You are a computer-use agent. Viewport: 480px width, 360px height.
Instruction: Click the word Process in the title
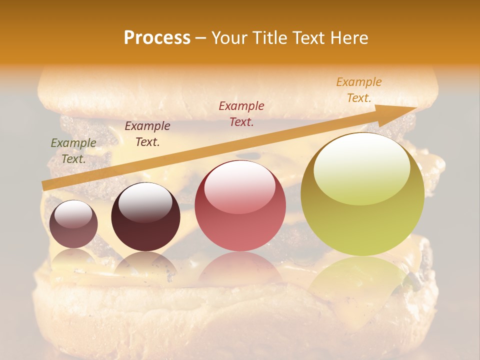coord(157,38)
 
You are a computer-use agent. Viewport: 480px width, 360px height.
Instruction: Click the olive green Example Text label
coord(73,151)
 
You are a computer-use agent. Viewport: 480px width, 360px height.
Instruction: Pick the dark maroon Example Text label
coord(147,134)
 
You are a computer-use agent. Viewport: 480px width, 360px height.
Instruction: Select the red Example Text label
coord(241,114)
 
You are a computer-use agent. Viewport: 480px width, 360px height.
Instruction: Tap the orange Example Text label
coord(359,90)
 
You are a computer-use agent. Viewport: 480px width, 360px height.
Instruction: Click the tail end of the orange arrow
coord(45,186)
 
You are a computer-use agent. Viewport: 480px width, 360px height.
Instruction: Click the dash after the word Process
coord(201,38)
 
